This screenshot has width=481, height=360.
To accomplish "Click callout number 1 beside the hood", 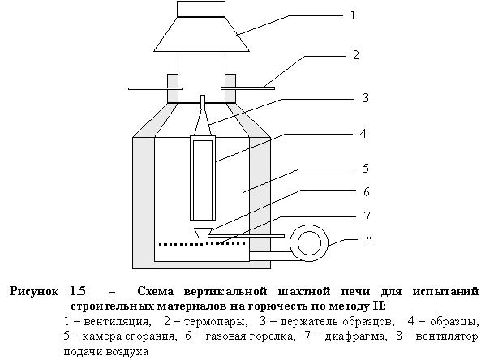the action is click(x=353, y=15).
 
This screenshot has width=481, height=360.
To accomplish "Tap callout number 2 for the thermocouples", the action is click(x=356, y=55).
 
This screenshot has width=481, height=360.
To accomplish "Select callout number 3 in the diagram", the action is click(x=365, y=98).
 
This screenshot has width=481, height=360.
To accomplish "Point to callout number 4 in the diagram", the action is click(x=363, y=134).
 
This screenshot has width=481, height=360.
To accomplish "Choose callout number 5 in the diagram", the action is click(x=366, y=169).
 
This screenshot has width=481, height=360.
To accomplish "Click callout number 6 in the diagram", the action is click(x=367, y=191).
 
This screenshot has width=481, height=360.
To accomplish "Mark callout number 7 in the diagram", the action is click(x=367, y=216).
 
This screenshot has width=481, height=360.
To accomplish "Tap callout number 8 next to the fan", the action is click(x=369, y=238).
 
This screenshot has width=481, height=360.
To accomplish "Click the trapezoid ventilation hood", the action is click(x=201, y=34).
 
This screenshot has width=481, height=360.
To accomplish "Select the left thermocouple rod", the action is click(x=155, y=88).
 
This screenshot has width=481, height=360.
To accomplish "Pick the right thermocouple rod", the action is click(x=247, y=88).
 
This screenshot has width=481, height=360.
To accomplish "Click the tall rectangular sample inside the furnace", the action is click(x=203, y=178).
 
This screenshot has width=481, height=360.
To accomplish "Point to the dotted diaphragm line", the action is click(x=203, y=244).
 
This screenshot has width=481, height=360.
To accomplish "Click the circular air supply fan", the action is click(x=310, y=243).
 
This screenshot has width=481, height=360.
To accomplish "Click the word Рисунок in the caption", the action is click(x=34, y=291).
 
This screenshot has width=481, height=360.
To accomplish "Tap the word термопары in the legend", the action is click(x=216, y=322).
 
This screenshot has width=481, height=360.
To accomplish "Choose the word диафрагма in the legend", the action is click(x=354, y=336).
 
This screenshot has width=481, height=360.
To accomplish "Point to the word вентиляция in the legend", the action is click(x=118, y=322).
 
